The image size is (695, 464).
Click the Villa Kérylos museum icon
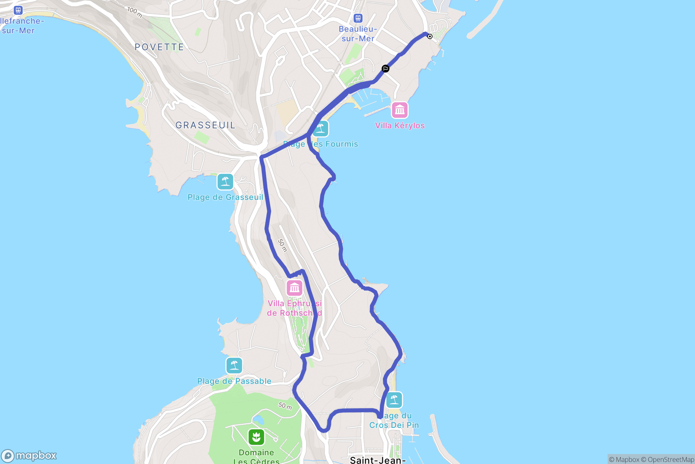pos(399,110)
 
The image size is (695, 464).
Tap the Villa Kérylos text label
pos(400,126)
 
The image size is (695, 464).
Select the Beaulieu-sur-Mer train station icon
pos(358,18)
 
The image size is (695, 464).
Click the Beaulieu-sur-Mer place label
pos(358,34)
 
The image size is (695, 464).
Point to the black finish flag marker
pos(385,69)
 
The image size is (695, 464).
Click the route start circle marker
pos(430,36)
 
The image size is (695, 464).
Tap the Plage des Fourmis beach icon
pos(320,129)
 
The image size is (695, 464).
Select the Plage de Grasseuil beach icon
pos(225,182)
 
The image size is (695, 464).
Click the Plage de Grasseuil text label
pos(225,197)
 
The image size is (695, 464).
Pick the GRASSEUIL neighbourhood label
pos(206,125)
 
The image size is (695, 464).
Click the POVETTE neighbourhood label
pos(159,47)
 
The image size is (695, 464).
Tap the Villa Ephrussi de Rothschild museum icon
pos(294,288)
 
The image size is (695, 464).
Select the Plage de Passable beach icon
pos(234,366)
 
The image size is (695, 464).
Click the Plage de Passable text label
pos(234,381)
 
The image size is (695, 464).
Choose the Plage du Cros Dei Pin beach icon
pos(394,400)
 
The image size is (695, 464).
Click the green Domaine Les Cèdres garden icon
pos(256,437)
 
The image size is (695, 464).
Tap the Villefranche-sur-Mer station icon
pos(18,10)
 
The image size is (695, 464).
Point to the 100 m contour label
pos(135,12)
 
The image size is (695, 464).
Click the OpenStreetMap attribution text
pos(670,459)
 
